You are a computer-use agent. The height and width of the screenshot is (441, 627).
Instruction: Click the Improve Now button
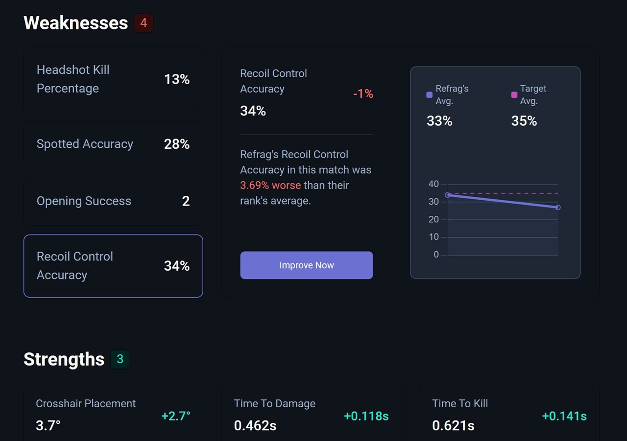point(306,265)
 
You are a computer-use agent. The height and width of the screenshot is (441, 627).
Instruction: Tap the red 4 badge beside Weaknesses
point(144,23)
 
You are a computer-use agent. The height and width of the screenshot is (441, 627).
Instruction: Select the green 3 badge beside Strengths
point(120,359)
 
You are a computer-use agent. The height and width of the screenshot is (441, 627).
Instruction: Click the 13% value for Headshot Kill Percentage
point(176,79)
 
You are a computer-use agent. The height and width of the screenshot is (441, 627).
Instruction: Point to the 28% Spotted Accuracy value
point(176,144)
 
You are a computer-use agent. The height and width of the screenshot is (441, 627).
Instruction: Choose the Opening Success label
point(84,201)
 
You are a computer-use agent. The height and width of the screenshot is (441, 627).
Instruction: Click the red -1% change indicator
point(363,93)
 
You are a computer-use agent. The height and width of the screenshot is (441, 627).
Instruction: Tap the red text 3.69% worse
point(270,186)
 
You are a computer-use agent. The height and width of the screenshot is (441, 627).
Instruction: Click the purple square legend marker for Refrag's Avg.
point(430,95)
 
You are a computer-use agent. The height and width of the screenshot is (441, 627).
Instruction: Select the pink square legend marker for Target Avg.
point(514,95)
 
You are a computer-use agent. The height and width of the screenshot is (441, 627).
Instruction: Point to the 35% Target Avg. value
point(524,121)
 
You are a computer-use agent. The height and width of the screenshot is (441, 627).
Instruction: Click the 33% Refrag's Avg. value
point(439,121)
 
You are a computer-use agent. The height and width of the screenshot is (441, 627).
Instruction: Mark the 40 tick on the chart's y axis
point(434,184)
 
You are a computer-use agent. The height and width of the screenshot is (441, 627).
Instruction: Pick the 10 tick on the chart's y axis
point(434,237)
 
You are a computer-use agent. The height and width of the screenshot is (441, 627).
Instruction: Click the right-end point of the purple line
point(557,208)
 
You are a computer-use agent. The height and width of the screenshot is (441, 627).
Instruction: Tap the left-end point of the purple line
point(447,195)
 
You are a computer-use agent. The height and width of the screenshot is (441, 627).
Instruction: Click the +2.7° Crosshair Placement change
point(176,416)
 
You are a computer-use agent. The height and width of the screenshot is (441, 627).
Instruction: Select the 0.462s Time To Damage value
point(255,425)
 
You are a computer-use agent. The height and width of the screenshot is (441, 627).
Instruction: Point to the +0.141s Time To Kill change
point(564,416)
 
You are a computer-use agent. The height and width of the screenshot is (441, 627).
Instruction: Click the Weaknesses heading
point(75,23)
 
